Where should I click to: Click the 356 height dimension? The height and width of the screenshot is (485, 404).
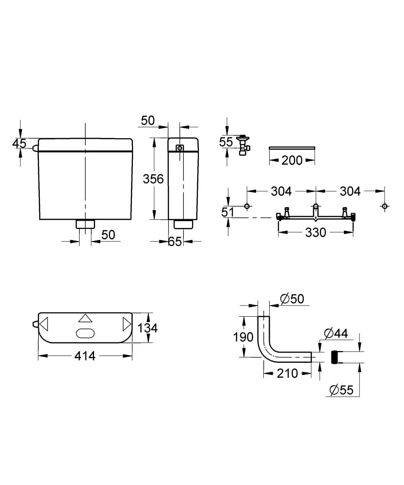153,178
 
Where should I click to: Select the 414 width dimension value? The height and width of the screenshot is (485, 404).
85,356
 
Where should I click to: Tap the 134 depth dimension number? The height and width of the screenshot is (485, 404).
147,328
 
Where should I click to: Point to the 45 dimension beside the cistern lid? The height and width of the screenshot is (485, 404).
19,144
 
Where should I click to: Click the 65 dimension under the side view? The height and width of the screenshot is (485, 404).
175,241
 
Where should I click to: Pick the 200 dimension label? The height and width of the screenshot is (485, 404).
292,160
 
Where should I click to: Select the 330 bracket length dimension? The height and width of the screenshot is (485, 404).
315,233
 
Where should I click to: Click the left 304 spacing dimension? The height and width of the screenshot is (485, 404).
281,192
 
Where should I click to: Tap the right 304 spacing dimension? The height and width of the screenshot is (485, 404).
350,192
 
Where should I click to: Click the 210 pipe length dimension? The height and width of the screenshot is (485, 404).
287,373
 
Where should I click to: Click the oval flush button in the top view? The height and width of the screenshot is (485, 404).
85,333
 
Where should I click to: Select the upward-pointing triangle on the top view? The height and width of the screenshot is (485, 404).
85,319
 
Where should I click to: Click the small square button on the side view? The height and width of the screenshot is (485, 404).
180,148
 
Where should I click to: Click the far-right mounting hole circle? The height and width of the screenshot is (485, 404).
385,207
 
